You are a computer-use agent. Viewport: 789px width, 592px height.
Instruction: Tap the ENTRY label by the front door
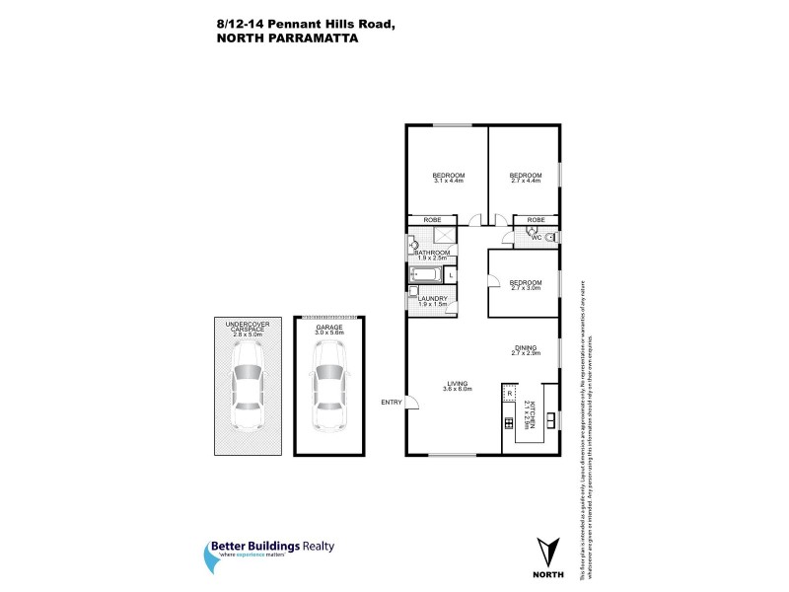click(392, 402)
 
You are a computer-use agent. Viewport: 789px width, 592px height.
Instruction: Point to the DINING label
click(525, 347)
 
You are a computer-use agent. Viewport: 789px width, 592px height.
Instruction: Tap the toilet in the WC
click(551, 237)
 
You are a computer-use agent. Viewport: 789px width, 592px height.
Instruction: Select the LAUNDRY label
click(433, 299)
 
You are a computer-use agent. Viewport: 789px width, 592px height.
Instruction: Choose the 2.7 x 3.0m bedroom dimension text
click(524, 287)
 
